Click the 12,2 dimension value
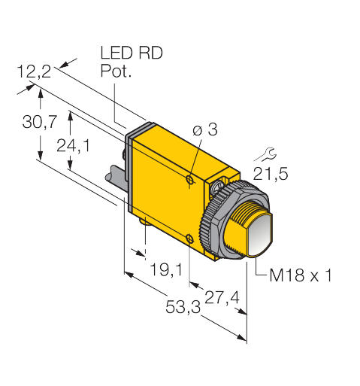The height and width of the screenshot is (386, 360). point(34,72)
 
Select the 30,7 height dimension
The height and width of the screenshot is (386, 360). point(40,122)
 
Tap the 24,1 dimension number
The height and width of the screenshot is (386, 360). point(73,145)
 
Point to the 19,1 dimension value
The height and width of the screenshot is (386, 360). point(166,269)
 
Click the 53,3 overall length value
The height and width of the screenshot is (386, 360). point(183,307)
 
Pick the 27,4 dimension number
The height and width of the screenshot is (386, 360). point(222,298)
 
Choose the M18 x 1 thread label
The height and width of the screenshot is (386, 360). point(301,275)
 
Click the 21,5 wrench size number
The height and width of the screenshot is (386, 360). point(271,174)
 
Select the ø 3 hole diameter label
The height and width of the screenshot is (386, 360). point(205,129)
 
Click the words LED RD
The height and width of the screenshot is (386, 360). point(132,53)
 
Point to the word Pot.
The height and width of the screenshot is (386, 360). point(116,71)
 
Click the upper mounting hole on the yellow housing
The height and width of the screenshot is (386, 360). point(189,179)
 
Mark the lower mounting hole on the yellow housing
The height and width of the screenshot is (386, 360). point(189,239)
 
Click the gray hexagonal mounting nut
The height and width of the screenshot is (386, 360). point(220,220)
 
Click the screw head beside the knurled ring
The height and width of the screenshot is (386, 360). point(216,187)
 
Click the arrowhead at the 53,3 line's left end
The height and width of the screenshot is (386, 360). point(129,275)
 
